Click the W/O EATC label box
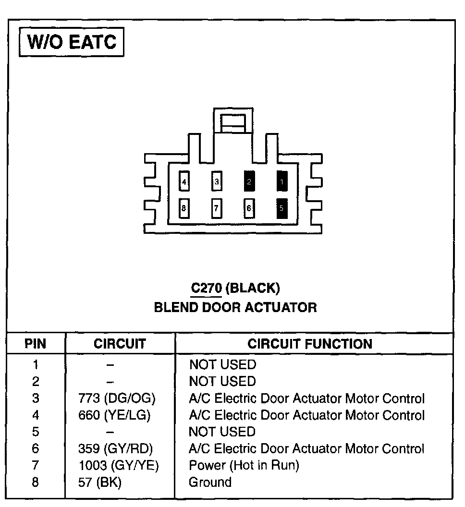(71, 42)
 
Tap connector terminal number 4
(184, 182)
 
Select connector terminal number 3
(217, 182)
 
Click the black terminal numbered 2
(249, 182)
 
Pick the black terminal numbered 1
(282, 182)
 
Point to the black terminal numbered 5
(282, 208)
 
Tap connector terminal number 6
(249, 208)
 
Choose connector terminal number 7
(217, 208)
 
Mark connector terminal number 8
(184, 208)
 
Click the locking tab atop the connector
(233, 121)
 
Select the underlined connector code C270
(206, 288)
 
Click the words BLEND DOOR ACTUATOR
(235, 307)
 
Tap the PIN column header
(36, 344)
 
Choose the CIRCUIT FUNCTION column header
(310, 344)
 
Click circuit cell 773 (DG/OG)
(117, 398)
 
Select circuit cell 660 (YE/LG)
(114, 415)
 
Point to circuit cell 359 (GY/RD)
(115, 449)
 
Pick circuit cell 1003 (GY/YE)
(118, 466)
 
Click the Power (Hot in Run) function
(244, 466)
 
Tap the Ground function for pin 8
(210, 482)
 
